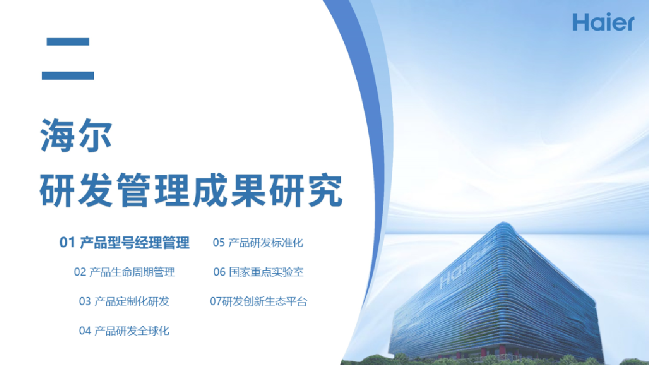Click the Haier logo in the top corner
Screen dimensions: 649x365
tap(603, 22)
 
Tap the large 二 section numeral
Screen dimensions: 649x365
tap(68, 59)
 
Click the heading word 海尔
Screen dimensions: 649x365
tap(76, 135)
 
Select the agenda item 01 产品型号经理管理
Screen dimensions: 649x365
tap(125, 243)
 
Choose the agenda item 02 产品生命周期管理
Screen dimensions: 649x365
tap(125, 272)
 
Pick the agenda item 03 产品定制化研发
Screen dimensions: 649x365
tap(125, 301)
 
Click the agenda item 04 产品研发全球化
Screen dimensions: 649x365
tap(125, 331)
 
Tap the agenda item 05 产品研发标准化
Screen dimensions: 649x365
tap(258, 243)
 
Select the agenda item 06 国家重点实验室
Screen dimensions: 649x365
tap(259, 272)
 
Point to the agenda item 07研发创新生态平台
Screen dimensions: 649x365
tap(259, 301)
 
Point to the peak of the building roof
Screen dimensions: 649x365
tap(504, 222)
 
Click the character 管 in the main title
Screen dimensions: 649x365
tap(134, 190)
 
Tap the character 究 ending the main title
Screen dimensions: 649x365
tap(325, 190)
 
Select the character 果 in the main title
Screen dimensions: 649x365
tap(249, 190)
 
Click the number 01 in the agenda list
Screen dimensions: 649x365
tap(67, 243)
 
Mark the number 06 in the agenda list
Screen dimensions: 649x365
tap(220, 272)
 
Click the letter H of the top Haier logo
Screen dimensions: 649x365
tap(580, 22)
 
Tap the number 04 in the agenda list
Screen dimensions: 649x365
tap(85, 331)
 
